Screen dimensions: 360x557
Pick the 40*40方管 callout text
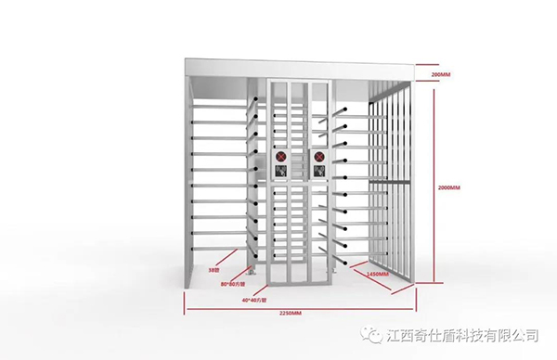(253, 300)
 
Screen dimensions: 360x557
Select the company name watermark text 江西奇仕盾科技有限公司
(464, 335)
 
